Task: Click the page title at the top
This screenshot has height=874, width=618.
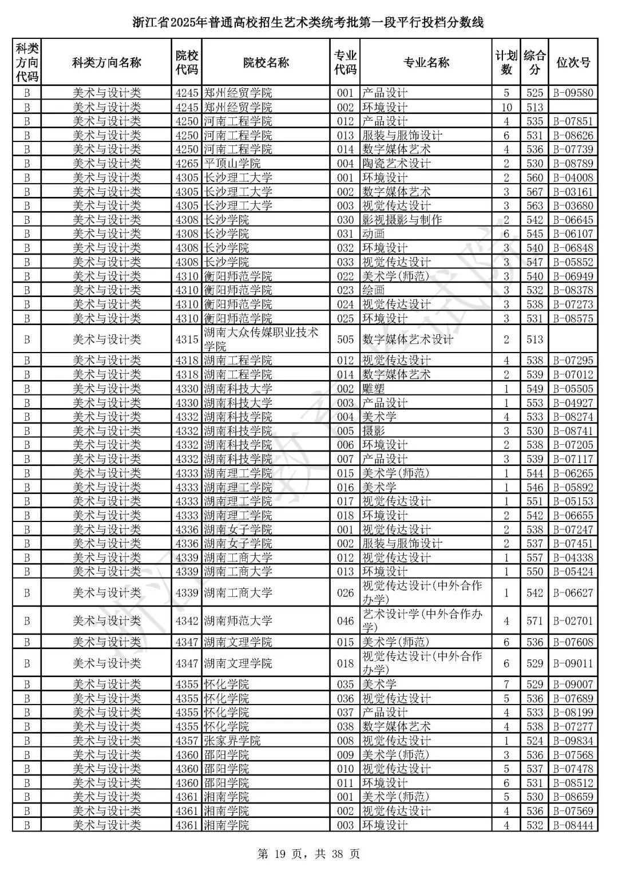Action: tap(308, 23)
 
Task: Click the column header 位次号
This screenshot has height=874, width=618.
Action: tap(573, 62)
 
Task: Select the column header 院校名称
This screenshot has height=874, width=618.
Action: tap(266, 62)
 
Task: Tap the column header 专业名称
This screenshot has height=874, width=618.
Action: tap(426, 62)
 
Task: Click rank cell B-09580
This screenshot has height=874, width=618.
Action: tap(573, 93)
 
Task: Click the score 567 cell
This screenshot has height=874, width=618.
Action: tap(534, 192)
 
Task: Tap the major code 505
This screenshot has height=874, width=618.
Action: tap(345, 339)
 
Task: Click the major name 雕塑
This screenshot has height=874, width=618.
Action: tap(373, 389)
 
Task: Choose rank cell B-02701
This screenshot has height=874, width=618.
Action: tap(573, 621)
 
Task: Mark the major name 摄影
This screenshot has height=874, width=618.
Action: tap(373, 431)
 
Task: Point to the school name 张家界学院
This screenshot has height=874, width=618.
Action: tap(232, 741)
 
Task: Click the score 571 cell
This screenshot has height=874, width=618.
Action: tap(534, 621)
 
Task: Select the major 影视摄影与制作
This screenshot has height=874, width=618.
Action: tap(402, 220)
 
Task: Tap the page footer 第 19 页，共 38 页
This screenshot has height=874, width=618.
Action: tap(309, 855)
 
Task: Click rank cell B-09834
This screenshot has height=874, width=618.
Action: tap(573, 741)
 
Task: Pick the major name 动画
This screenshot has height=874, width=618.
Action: tap(373, 234)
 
